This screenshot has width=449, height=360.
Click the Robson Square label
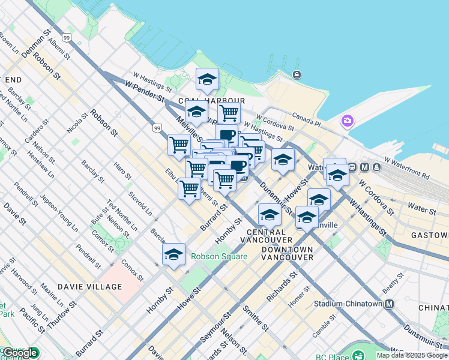coord(219,256)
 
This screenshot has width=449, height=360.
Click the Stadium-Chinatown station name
coord(353,304)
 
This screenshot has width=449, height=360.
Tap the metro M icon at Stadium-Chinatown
coord(390,304)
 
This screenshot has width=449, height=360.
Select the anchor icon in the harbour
coord(297,74)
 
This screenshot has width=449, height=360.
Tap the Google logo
coord(20,353)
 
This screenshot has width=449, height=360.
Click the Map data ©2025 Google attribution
coord(412,355)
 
